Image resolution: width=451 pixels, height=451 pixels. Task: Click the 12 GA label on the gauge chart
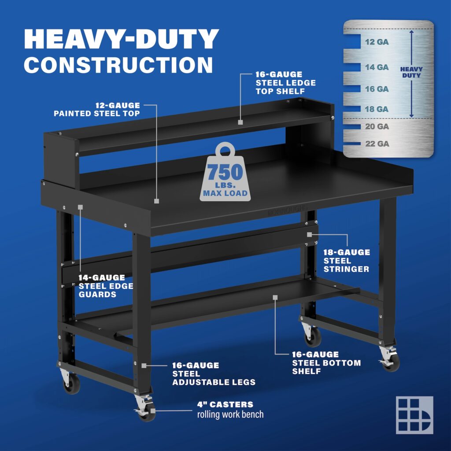pyautogui.click(x=377, y=42)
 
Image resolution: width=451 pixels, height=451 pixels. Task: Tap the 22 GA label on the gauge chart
pyautogui.click(x=377, y=144)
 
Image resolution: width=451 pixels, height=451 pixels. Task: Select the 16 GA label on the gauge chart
pyautogui.click(x=377, y=89)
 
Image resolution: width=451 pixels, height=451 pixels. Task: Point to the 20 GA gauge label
pyautogui.click(x=377, y=126)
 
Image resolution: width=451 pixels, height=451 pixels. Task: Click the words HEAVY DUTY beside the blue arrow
pyautogui.click(x=411, y=72)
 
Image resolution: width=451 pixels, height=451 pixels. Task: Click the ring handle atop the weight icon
pyautogui.click(x=225, y=150)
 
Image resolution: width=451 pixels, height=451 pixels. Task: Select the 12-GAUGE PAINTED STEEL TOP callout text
pyautogui.click(x=97, y=109)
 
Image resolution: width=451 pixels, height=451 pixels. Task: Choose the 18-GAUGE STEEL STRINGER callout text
pyautogui.click(x=347, y=261)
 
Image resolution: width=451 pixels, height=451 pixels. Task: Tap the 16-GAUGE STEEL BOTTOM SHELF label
pyautogui.click(x=326, y=363)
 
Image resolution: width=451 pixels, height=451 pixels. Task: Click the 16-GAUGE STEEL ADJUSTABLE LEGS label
pyautogui.click(x=214, y=374)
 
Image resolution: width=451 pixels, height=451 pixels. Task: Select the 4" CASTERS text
pyautogui.click(x=225, y=404)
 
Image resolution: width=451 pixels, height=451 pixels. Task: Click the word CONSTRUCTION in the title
pyautogui.click(x=118, y=64)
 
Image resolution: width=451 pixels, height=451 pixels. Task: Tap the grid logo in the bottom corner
pyautogui.click(x=414, y=415)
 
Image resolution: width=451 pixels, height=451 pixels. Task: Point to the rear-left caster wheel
pyautogui.click(x=71, y=384)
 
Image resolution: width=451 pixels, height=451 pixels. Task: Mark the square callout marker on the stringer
pyautogui.click(x=310, y=235)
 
